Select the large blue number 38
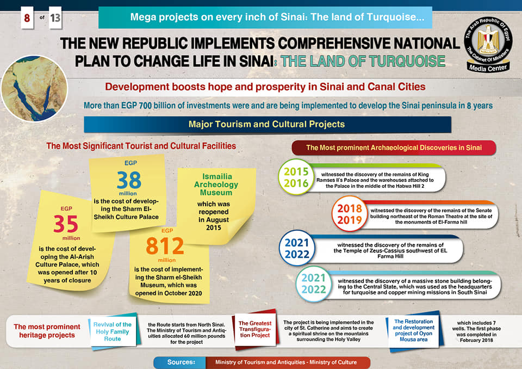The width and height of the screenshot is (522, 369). [128, 180]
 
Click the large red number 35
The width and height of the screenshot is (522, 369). [66, 224]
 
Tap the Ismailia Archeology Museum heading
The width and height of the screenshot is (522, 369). [216, 184]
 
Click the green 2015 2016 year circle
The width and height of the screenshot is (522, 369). [296, 177]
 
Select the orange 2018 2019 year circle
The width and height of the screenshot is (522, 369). [350, 214]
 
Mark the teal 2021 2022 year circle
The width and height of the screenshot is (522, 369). [314, 283]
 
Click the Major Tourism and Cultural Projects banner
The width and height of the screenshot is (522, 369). [267, 124]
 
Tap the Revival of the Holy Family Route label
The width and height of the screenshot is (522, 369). [113, 331]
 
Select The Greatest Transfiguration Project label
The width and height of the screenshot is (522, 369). [255, 330]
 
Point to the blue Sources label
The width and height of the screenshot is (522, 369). [182, 362]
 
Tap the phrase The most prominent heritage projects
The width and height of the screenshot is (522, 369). [47, 331]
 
